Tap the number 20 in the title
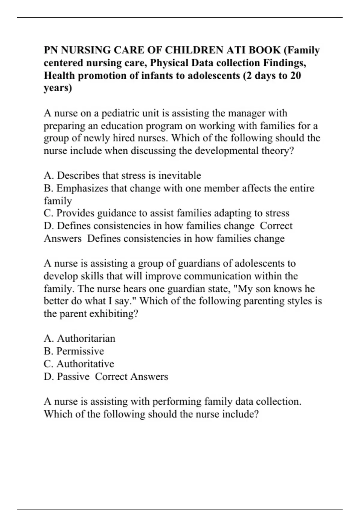coord(295,75)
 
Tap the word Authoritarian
coord(86,338)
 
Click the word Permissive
coord(80,351)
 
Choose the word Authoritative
coord(85,364)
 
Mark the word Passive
coord(73,376)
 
